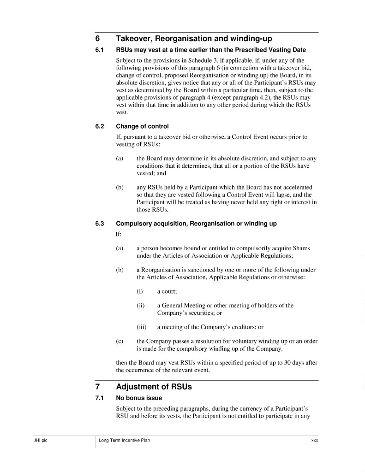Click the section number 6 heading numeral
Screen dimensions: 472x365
click(x=97, y=39)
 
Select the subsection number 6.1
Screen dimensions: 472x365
click(x=99, y=50)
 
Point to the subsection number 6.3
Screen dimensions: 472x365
click(x=99, y=224)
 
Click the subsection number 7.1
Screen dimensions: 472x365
click(x=99, y=398)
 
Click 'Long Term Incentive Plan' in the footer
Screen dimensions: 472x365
click(x=124, y=441)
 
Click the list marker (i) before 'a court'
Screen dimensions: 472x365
click(x=139, y=291)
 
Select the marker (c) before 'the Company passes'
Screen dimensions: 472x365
click(x=120, y=341)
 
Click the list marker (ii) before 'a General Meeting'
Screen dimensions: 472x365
click(x=140, y=305)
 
